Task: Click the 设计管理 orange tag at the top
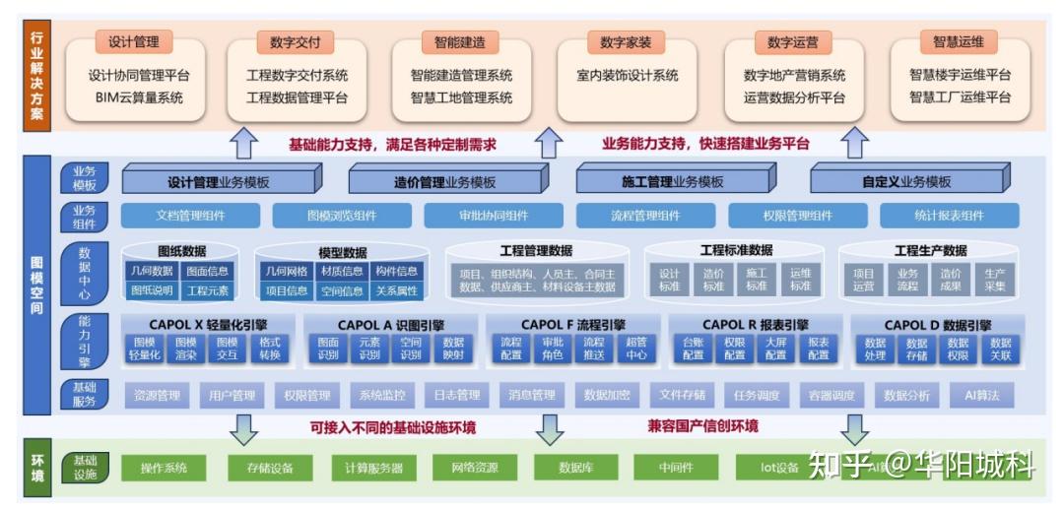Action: tap(134, 41)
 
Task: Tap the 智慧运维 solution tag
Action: tap(959, 41)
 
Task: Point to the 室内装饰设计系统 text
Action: tap(628, 75)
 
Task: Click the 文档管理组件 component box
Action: tap(191, 217)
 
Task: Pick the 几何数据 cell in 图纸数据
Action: tap(151, 271)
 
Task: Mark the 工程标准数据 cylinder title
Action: tap(736, 250)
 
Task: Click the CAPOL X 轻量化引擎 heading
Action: tap(208, 324)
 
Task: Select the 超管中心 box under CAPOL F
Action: tap(635, 349)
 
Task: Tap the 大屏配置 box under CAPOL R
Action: tap(775, 349)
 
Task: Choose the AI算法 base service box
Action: tap(981, 395)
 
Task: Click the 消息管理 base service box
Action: tap(531, 395)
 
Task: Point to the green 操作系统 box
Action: tap(164, 468)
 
